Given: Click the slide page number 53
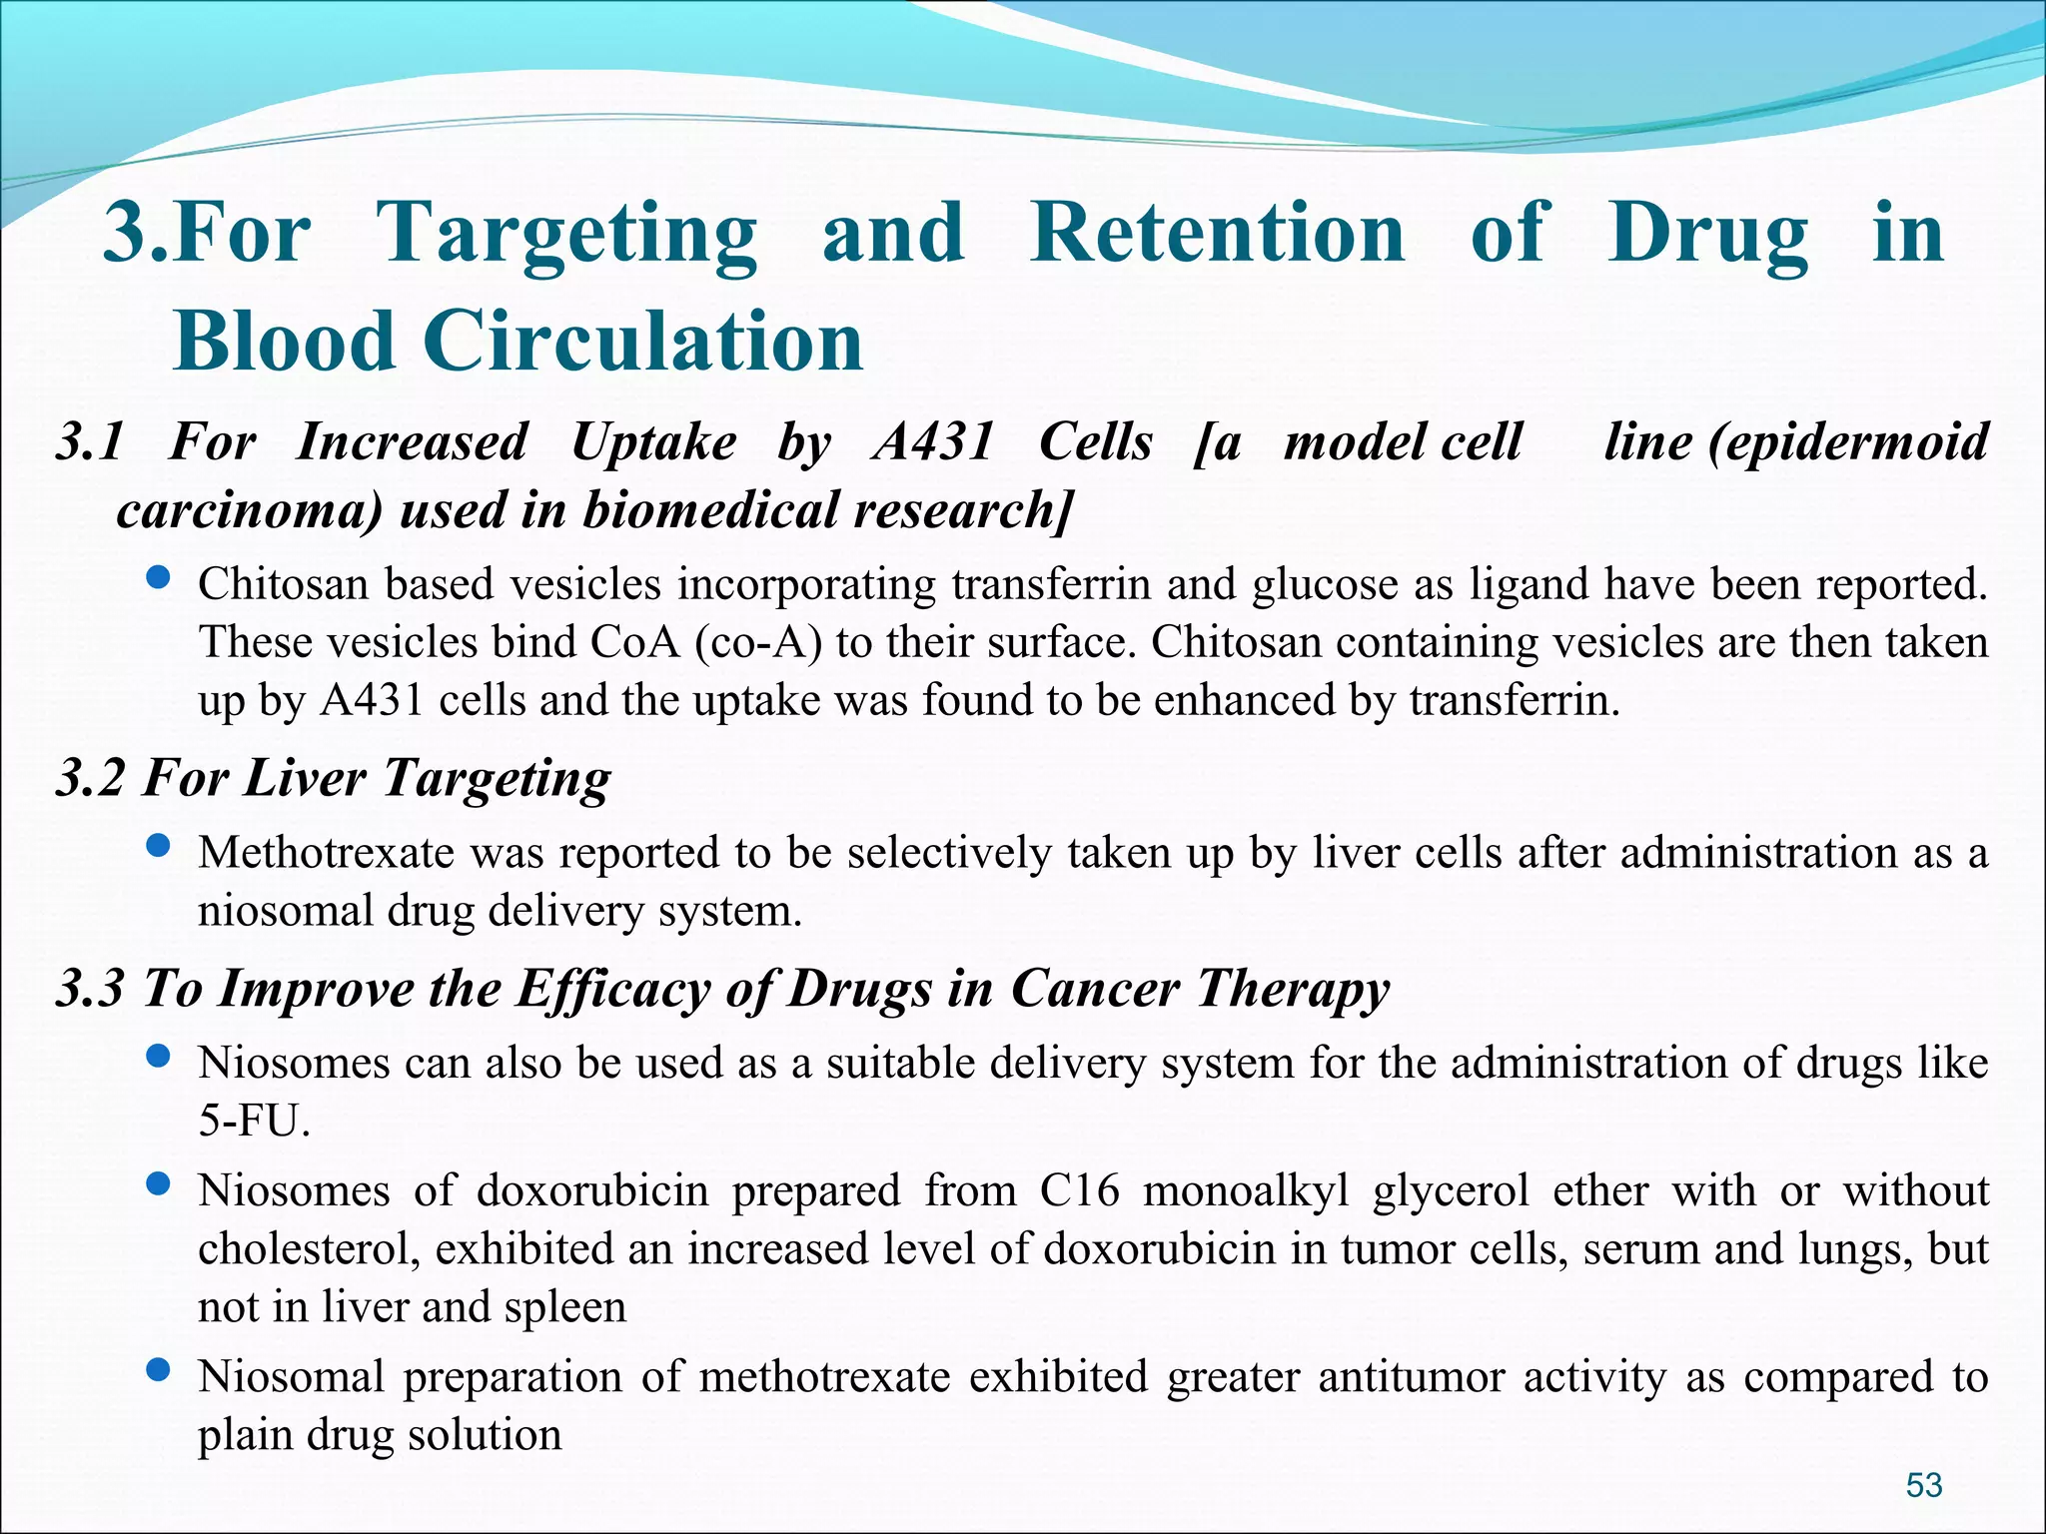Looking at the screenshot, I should click(x=1923, y=1485).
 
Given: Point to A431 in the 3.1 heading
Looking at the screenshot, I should click(x=933, y=441).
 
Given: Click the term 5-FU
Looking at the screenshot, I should click(x=254, y=1122).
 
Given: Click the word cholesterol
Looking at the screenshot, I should click(x=308, y=1249).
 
